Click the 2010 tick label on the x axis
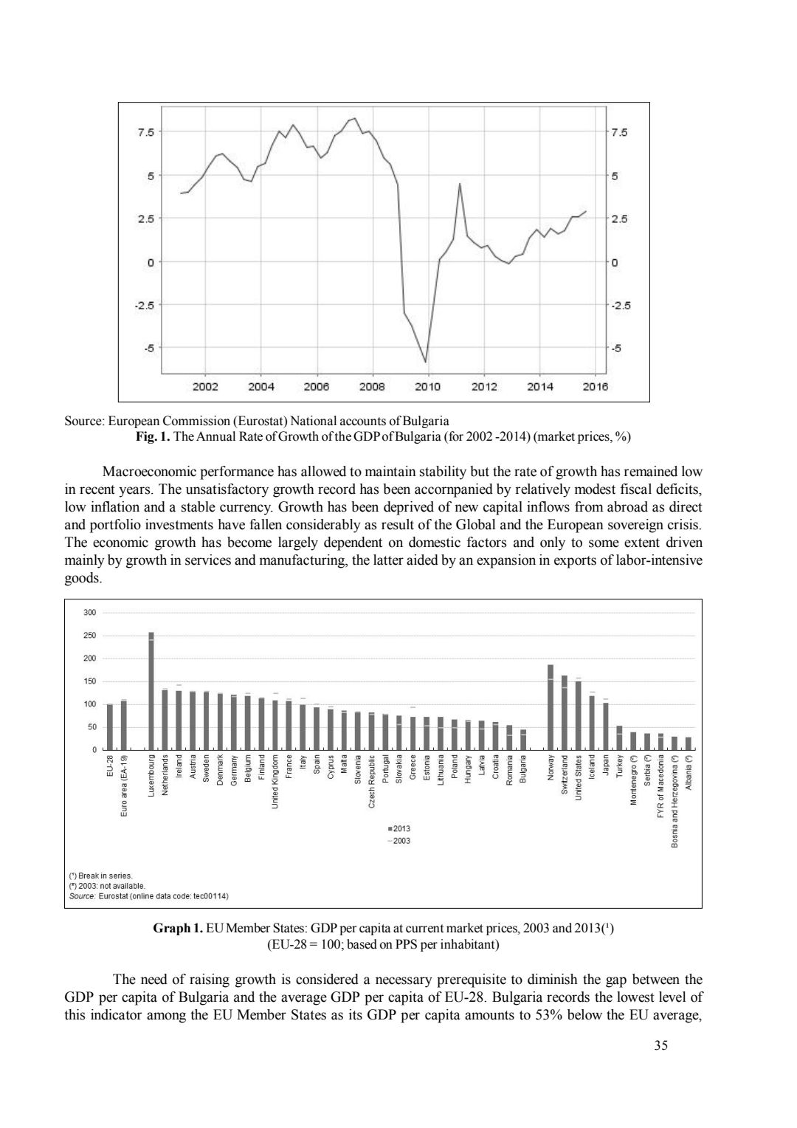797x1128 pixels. pyautogui.click(x=428, y=386)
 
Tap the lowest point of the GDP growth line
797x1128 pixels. pyautogui.click(x=425, y=362)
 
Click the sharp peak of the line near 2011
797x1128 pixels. pyautogui.click(x=460, y=184)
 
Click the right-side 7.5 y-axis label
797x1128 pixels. pyautogui.click(x=619, y=133)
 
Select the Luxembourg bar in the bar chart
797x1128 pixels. pyautogui.click(x=151, y=690)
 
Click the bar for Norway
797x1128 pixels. pyautogui.click(x=551, y=707)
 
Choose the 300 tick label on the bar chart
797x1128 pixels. pyautogui.click(x=89, y=613)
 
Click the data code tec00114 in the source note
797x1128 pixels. pyautogui.click(x=210, y=896)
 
